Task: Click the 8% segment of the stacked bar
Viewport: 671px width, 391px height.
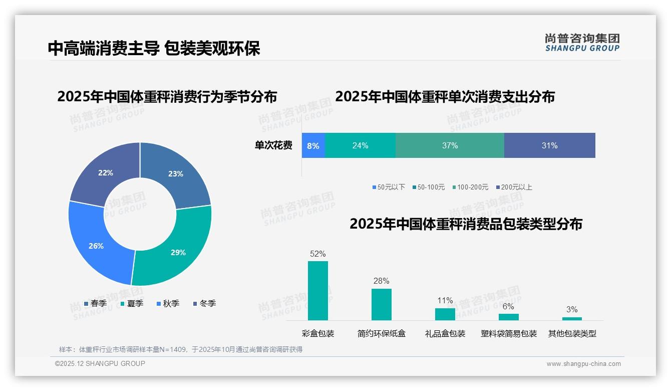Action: pyautogui.click(x=313, y=145)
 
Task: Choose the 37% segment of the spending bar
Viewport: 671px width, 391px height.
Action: pyautogui.click(x=450, y=145)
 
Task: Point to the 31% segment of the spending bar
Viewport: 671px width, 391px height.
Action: pyautogui.click(x=549, y=145)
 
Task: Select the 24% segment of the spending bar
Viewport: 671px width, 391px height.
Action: pyautogui.click(x=360, y=145)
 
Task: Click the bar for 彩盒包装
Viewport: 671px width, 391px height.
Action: pyautogui.click(x=318, y=291)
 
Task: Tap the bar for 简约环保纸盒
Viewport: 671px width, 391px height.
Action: pyautogui.click(x=382, y=304)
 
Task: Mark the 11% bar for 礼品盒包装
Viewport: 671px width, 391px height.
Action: pyautogui.click(x=445, y=314)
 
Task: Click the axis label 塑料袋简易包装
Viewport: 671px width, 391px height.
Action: pyautogui.click(x=509, y=333)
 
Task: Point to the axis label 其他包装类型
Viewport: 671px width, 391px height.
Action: pyautogui.click(x=572, y=333)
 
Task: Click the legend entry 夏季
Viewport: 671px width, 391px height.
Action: pyautogui.click(x=132, y=303)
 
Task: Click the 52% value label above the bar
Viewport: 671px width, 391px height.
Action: pyautogui.click(x=318, y=254)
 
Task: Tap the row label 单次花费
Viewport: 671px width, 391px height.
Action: pyautogui.click(x=273, y=145)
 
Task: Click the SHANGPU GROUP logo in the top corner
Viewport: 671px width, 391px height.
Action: pyautogui.click(x=582, y=43)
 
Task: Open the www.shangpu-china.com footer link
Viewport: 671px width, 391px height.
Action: pyautogui.click(x=583, y=363)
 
